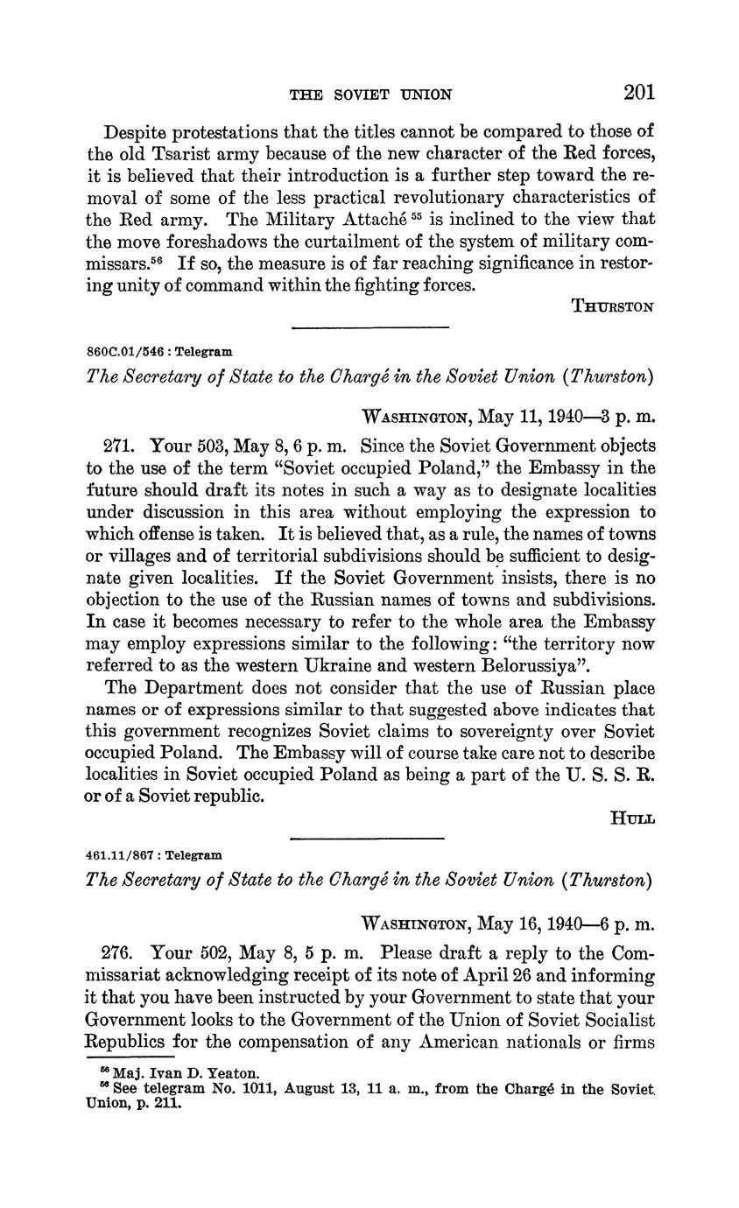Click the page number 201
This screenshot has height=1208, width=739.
pyautogui.click(x=639, y=93)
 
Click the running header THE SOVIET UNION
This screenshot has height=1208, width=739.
pyautogui.click(x=370, y=95)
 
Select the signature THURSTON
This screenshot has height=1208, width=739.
pyautogui.click(x=612, y=306)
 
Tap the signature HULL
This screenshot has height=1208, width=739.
pyautogui.click(x=633, y=818)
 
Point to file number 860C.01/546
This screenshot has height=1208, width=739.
pyautogui.click(x=123, y=351)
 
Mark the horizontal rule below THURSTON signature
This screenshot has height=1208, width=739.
pyautogui.click(x=369, y=327)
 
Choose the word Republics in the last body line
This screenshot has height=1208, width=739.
pyautogui.click(x=124, y=1043)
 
